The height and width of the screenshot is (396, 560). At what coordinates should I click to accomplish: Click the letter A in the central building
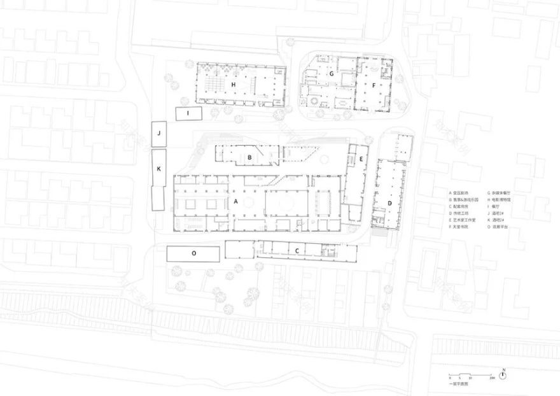click(237, 201)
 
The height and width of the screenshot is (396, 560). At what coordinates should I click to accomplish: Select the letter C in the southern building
click(297, 250)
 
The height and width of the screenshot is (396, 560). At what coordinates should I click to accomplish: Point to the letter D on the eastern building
click(390, 204)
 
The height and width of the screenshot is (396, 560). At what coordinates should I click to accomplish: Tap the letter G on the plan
click(332, 74)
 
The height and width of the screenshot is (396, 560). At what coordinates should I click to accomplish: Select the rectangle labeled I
click(188, 113)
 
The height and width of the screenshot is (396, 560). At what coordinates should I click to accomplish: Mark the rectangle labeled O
click(193, 253)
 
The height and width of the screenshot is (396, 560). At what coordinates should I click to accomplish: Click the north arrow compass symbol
click(503, 375)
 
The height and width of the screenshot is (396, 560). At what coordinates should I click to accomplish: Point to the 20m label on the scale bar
click(493, 378)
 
